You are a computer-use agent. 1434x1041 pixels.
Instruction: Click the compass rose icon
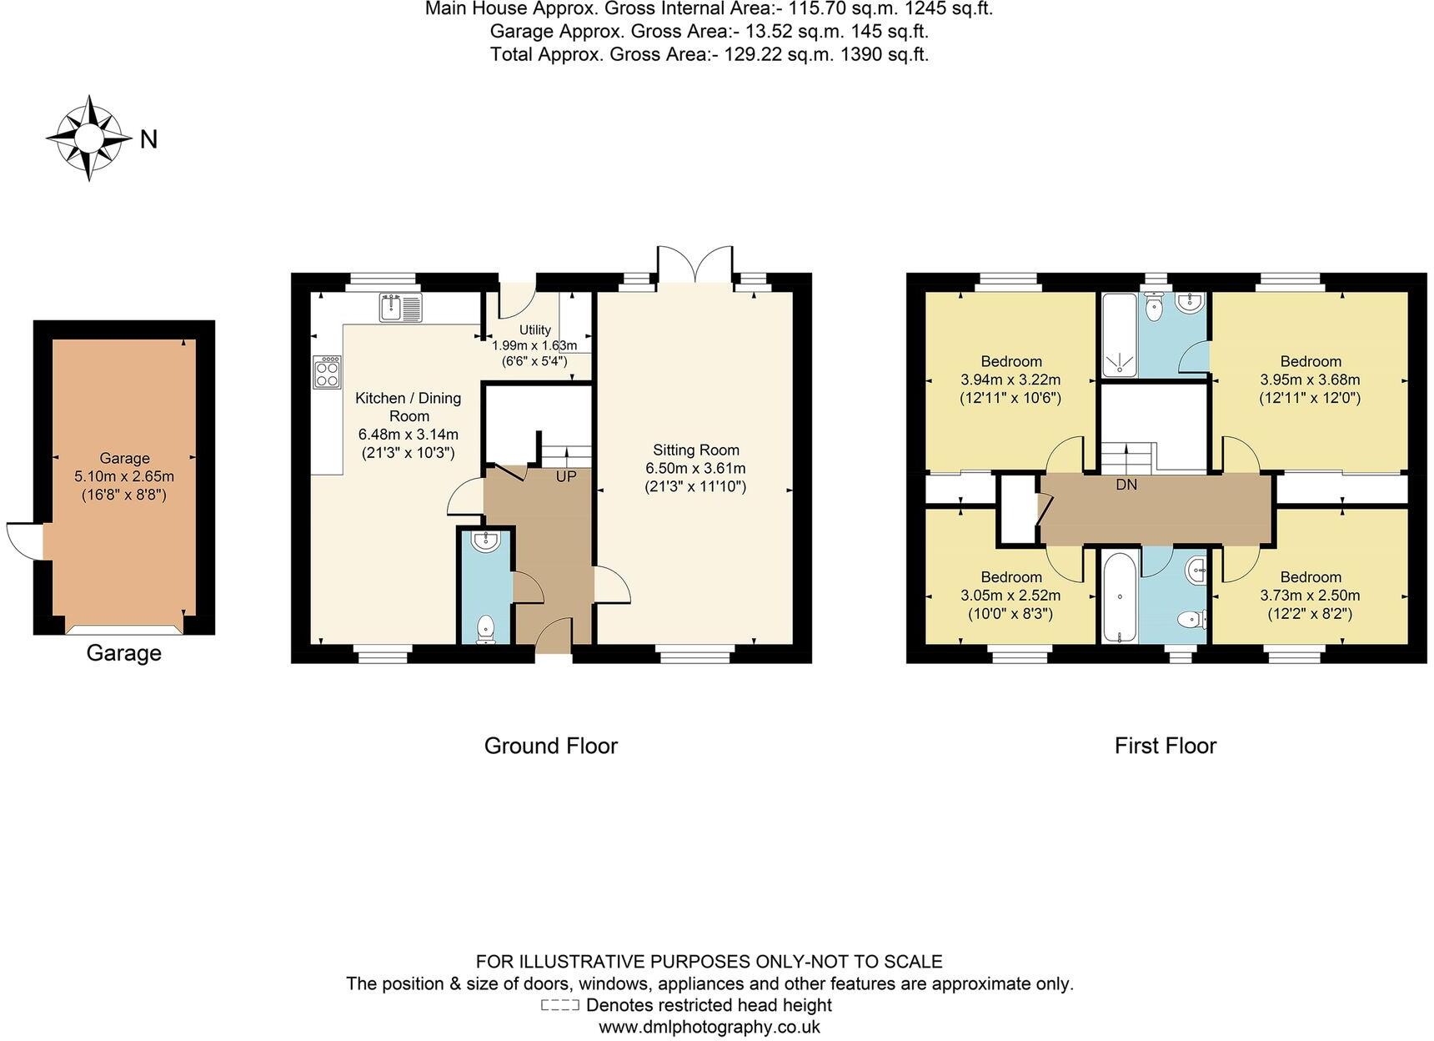coord(89,138)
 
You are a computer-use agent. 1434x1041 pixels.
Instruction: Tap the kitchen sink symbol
coord(400,307)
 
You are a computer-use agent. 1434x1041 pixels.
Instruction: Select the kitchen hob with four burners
coord(327,372)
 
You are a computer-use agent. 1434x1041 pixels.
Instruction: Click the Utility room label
coord(534,330)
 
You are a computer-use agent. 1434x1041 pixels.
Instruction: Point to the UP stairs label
coord(566,477)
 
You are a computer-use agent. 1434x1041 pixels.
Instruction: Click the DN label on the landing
coord(1126,484)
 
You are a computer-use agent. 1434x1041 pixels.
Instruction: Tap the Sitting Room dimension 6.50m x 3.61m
coord(695,468)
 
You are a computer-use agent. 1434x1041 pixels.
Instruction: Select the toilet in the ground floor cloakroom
coord(485,629)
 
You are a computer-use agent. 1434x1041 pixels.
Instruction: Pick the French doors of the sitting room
coord(694,265)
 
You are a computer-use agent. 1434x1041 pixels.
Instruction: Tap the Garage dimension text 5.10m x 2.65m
coord(124,476)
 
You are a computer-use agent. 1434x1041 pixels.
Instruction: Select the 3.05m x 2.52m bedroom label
coord(1010,596)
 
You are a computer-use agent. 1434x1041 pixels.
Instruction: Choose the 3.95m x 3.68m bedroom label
coord(1310,380)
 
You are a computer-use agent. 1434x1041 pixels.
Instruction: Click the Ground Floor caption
coord(550,746)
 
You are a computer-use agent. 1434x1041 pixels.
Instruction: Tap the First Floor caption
coord(1165,746)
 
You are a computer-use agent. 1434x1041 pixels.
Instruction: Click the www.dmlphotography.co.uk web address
coord(709,1027)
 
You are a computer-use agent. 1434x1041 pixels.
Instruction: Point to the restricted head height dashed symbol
coord(559,1005)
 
